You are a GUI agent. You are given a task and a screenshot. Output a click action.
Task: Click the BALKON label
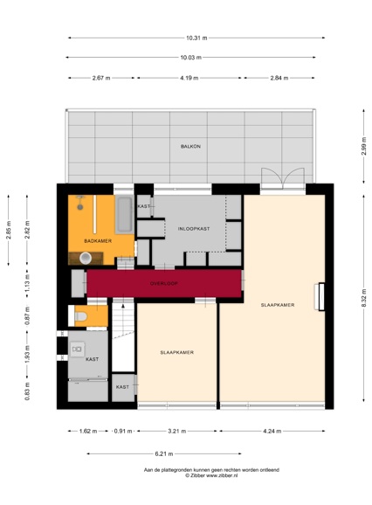coord(190,146)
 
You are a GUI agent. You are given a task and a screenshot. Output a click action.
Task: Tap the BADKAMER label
coord(96,240)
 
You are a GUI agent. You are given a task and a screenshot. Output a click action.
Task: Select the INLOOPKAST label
coord(193,228)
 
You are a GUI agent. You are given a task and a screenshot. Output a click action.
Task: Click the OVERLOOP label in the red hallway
coord(163,283)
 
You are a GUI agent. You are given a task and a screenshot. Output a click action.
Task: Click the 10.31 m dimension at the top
coord(196,38)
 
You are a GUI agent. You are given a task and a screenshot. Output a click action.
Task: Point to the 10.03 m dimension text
coord(190,58)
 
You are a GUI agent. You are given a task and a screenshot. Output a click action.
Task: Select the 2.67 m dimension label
coord(101,78)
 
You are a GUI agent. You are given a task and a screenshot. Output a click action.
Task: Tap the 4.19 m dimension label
coord(189,78)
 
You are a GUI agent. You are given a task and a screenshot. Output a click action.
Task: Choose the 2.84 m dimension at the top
coord(279,78)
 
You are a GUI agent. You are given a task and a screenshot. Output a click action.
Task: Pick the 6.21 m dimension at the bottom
coord(164,453)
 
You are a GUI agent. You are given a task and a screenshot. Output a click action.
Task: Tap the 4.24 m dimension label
coord(272,432)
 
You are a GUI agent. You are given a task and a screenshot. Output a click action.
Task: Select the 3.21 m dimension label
coord(178,432)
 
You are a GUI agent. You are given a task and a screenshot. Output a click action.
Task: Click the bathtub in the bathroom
coord(124,214)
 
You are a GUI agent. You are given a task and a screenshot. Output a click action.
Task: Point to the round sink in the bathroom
coord(86,258)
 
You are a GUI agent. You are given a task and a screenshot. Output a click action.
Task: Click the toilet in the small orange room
coord(79,316)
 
